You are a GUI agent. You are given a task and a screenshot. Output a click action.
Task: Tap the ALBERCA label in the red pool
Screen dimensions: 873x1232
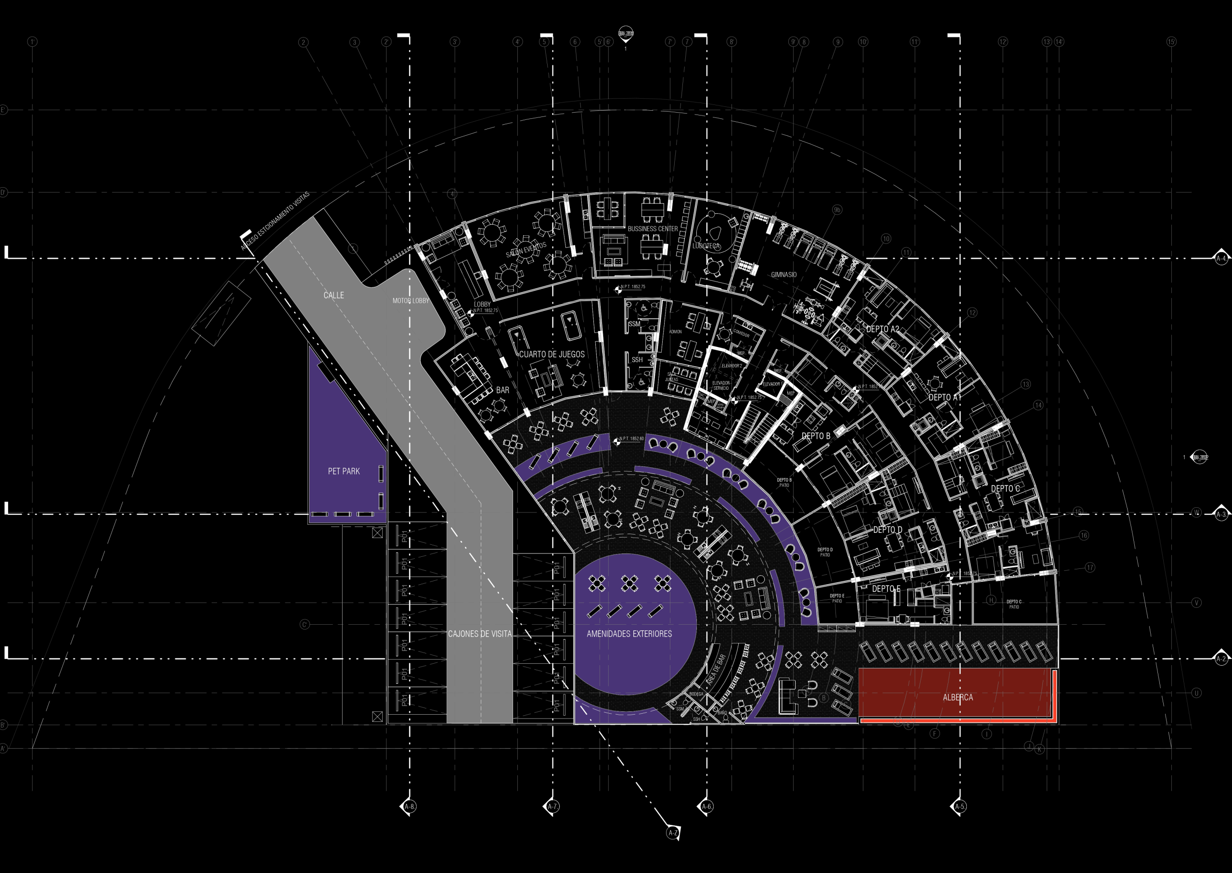[x=958, y=697]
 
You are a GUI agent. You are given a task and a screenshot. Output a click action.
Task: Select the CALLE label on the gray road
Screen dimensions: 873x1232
[x=334, y=295]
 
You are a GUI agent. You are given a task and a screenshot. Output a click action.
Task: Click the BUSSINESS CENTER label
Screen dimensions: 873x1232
[x=653, y=229]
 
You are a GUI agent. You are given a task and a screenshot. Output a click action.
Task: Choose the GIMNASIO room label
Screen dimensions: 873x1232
[x=783, y=275]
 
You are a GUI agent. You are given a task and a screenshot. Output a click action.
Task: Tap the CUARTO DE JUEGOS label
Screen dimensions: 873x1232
[x=552, y=354]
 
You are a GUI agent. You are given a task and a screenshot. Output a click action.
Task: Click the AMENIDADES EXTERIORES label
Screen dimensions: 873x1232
[x=629, y=634]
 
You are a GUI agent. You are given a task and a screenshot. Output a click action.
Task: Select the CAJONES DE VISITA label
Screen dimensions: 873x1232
[x=480, y=634]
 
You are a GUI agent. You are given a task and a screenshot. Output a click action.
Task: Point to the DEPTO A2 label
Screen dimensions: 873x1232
[x=883, y=329]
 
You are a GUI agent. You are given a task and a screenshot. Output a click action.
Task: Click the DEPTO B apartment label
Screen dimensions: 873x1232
[x=816, y=436]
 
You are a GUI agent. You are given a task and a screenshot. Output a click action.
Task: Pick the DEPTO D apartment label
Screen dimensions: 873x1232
[x=887, y=529]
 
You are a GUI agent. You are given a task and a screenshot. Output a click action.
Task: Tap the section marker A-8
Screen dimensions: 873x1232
[x=409, y=806]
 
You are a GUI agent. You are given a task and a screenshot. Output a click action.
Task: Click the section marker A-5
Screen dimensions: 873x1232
[x=960, y=806]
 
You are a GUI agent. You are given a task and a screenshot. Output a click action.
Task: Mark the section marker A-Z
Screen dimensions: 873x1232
[x=672, y=833]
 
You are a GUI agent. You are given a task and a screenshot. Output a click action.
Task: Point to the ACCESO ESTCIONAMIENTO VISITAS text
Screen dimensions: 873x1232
[x=275, y=221]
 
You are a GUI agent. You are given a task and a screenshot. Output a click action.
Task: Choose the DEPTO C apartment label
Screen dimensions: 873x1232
[x=1005, y=488]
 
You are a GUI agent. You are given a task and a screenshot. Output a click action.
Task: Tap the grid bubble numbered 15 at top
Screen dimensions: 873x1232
[x=1171, y=41]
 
